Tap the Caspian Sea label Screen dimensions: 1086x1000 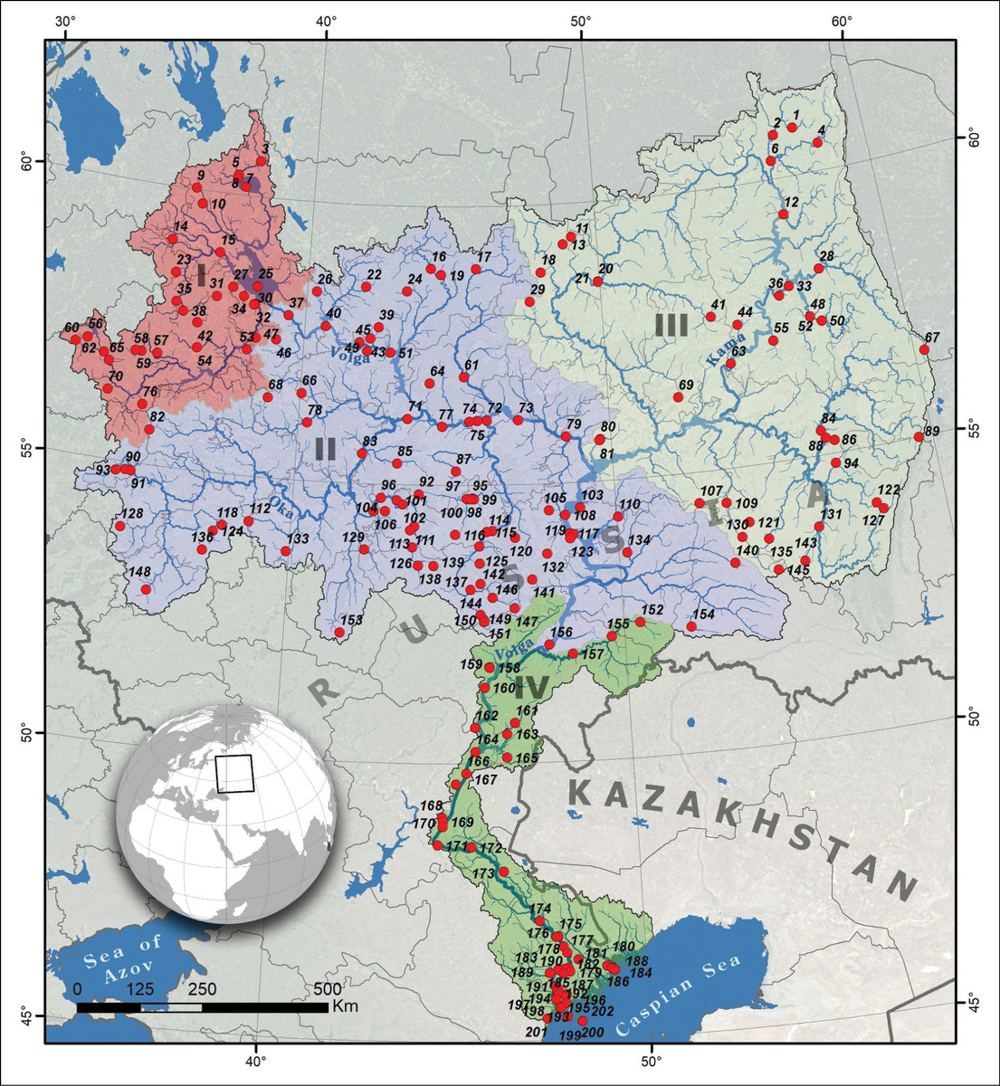click(x=679, y=996)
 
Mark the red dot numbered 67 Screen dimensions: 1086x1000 click(x=924, y=349)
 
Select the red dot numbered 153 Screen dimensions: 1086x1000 click(x=339, y=633)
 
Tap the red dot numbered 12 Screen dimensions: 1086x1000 click(x=784, y=214)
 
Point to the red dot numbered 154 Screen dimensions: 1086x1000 click(x=691, y=626)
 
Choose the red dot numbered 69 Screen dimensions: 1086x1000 click(x=678, y=397)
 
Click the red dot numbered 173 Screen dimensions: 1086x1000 click(x=504, y=872)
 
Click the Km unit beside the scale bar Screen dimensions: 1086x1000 click(x=346, y=1006)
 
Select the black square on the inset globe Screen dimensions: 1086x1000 click(x=235, y=774)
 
